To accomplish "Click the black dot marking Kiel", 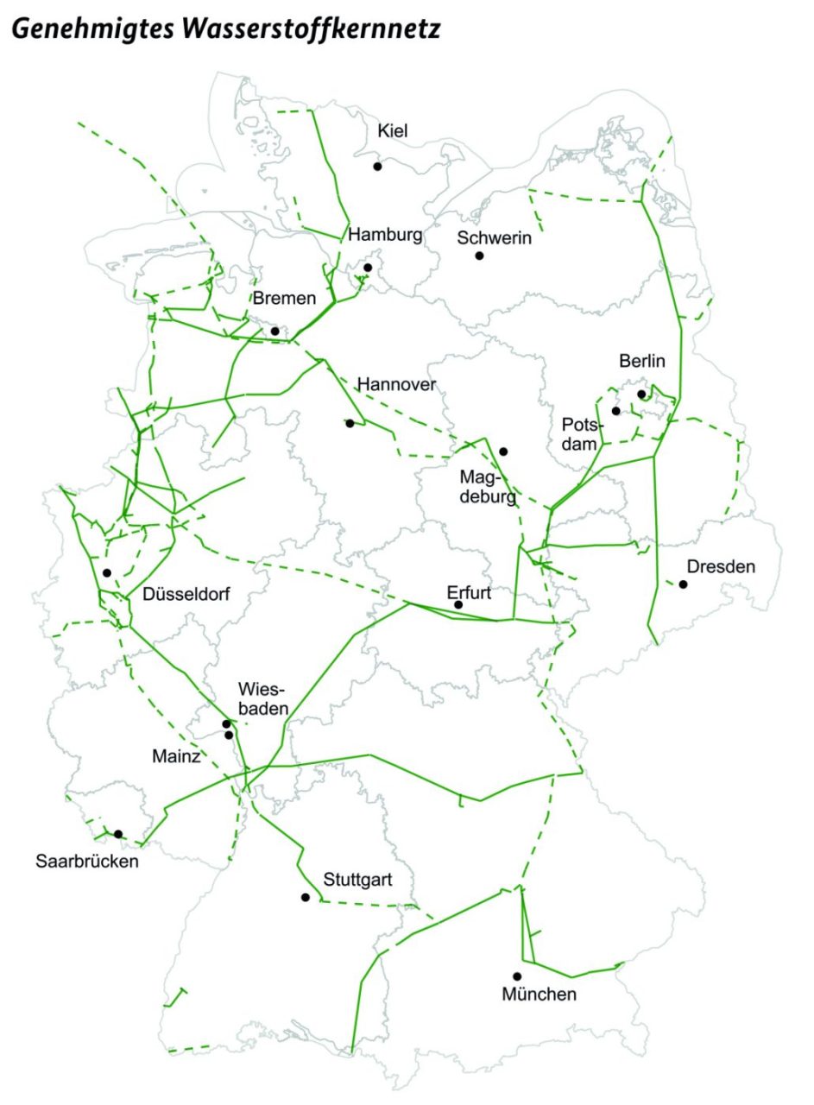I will point(377,166).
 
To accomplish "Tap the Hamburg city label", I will point(385,235).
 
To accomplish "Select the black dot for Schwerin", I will point(479,256).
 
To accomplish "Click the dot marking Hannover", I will point(350,423).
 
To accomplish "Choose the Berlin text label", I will point(642,361).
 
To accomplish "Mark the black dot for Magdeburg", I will point(503,451).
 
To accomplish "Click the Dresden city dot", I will point(683,584).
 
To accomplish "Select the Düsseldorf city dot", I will point(107,572).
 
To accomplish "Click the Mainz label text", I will point(177,757).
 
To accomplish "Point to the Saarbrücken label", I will point(87,861).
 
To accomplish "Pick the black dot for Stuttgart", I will point(305,897).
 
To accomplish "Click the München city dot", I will point(517,976).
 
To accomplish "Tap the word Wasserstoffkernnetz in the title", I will point(306,28).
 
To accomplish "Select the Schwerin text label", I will point(495,238).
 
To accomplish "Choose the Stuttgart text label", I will point(358,881).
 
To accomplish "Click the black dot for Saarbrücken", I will point(118,834).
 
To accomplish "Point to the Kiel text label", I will point(393,131).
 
